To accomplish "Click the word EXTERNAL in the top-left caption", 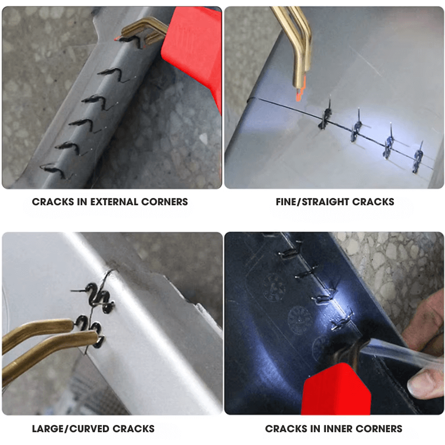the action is click(x=114, y=202).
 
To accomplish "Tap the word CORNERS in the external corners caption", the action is click(x=164, y=202).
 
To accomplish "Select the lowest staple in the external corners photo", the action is click(x=54, y=171).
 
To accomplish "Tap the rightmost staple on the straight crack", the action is click(x=418, y=159).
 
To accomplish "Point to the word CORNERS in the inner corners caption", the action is click(x=379, y=428).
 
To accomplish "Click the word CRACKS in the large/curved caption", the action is click(x=133, y=428).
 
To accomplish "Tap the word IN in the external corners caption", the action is click(x=82, y=202).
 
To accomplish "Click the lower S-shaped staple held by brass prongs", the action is click(x=91, y=330).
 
